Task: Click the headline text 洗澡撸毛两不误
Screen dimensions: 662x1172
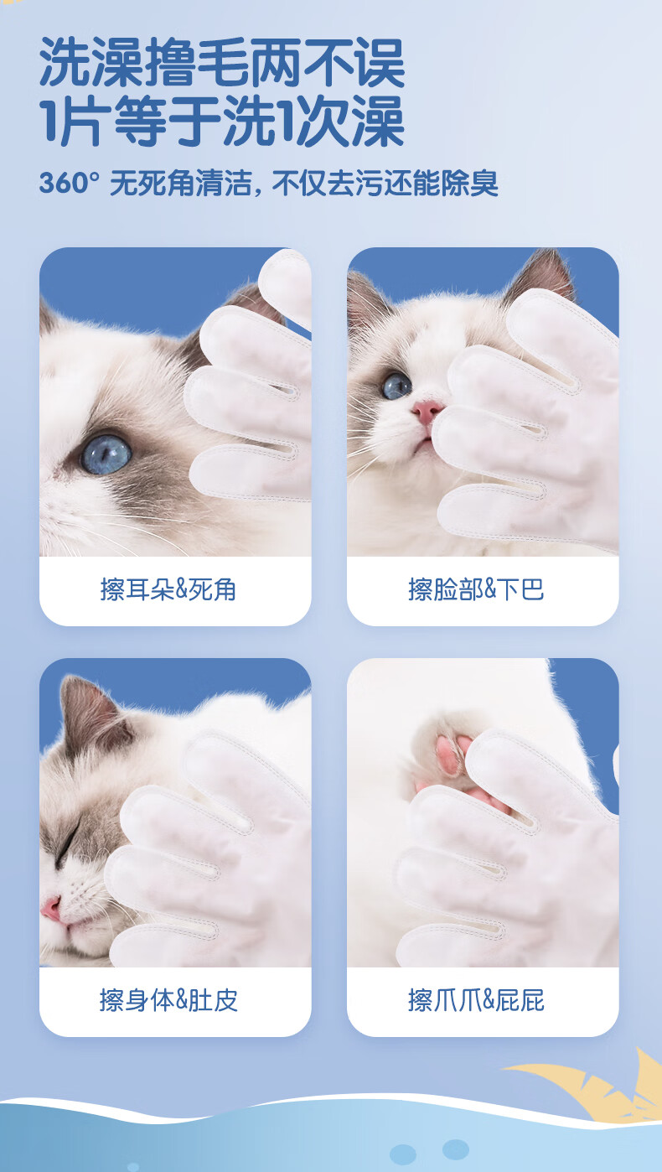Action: (222, 63)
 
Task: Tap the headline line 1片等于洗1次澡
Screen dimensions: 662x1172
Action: (222, 122)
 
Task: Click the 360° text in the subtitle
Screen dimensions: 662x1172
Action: (70, 183)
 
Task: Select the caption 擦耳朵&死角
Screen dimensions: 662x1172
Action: (168, 589)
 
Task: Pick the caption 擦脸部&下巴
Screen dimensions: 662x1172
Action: (476, 589)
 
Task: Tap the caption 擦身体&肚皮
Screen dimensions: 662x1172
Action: (168, 1000)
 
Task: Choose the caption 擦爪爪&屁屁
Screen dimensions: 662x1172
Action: (476, 1000)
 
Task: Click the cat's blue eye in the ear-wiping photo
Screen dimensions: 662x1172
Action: (106, 454)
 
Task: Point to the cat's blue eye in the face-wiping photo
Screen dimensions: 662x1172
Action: (396, 386)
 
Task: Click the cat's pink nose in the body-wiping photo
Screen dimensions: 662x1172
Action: (51, 910)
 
